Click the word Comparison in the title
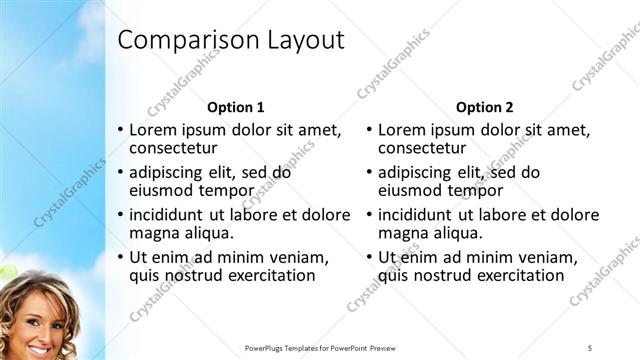click(187, 41)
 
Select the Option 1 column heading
click(235, 106)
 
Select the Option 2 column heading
click(484, 106)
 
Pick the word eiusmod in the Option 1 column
click(166, 190)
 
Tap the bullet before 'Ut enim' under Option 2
click(370, 256)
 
